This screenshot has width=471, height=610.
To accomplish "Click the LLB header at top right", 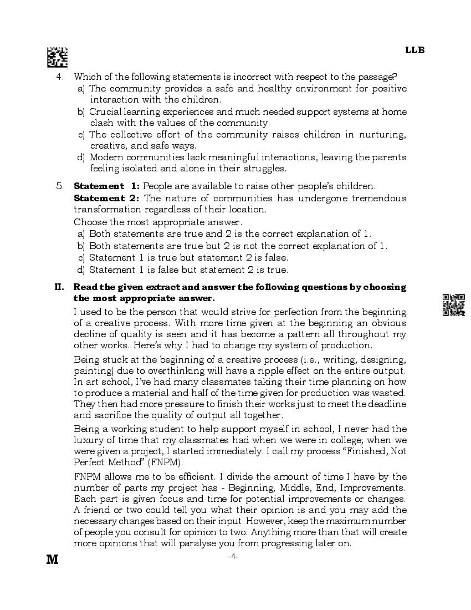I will tap(414, 50).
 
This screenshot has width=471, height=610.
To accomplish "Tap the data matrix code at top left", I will tap(57, 57).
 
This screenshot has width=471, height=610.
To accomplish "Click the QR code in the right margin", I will tap(453, 304).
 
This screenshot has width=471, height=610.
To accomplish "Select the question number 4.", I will tap(62, 77).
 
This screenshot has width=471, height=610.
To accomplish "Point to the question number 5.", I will tap(61, 186).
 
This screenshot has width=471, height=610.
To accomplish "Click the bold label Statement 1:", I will tap(107, 186).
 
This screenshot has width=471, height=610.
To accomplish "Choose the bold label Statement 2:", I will tap(107, 198).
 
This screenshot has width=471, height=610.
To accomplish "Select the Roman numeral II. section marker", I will tap(59, 287).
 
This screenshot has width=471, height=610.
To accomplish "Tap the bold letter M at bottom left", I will tap(52, 560).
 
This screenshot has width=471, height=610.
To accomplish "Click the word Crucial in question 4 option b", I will tap(106, 111).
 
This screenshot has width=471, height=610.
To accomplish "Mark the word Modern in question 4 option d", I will tap(106, 157).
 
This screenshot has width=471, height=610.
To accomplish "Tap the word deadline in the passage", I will tap(386, 404).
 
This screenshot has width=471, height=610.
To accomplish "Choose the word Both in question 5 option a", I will tap(99, 234).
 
